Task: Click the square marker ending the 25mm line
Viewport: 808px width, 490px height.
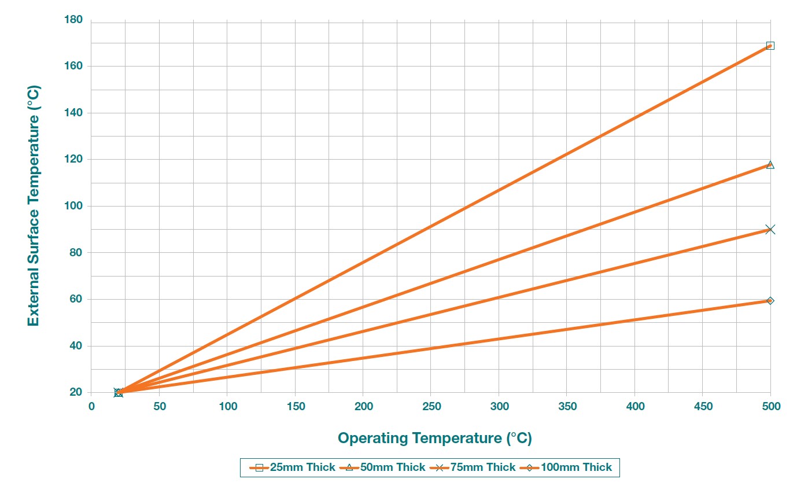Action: tap(770, 46)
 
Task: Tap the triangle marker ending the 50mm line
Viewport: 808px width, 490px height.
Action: tap(770, 165)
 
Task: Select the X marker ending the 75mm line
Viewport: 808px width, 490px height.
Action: tap(770, 230)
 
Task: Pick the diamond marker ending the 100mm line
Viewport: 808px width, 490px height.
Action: tap(770, 301)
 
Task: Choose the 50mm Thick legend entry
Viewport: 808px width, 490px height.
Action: tap(383, 467)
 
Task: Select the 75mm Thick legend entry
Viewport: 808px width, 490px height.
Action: tap(473, 467)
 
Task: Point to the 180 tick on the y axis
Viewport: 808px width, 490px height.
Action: tap(75, 20)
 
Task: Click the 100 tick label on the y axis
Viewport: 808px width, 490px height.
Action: tap(75, 206)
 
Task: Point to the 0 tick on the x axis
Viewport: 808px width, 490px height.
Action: tap(91, 407)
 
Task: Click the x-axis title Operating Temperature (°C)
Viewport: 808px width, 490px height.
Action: tap(434, 438)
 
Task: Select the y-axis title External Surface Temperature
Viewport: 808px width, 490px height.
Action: tap(34, 206)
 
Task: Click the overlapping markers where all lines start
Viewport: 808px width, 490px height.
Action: tap(119, 392)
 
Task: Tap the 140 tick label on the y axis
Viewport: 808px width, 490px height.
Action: tap(75, 113)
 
